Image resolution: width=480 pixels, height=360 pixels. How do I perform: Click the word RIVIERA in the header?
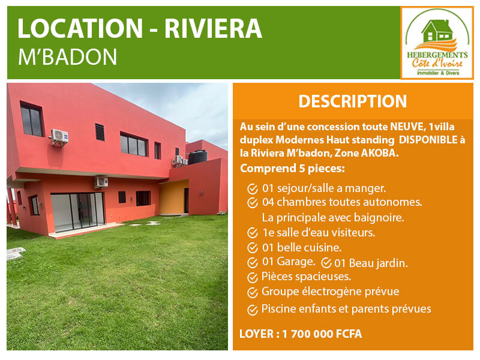click(213, 28)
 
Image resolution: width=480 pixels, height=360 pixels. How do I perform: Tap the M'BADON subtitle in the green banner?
click(67, 57)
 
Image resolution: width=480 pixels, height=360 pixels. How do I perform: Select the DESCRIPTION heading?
click(353, 101)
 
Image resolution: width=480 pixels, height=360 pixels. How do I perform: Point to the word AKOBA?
click(380, 153)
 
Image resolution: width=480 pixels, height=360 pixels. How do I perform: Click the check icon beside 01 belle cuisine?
click(253, 248)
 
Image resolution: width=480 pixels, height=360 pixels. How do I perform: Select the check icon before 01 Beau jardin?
click(326, 263)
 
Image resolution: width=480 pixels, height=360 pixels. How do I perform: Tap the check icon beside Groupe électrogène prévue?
click(253, 293)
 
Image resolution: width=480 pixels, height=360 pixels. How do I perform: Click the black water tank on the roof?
click(198, 157)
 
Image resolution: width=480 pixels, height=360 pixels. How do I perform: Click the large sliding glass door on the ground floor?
click(78, 212)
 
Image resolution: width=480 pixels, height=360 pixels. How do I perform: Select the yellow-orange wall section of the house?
click(174, 197)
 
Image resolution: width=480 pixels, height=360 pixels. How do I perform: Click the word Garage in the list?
click(295, 262)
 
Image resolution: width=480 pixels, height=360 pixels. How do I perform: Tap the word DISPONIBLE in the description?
click(428, 140)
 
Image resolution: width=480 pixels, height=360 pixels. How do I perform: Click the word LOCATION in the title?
click(80, 28)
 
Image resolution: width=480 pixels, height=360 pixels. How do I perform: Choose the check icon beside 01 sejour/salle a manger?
click(253, 189)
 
